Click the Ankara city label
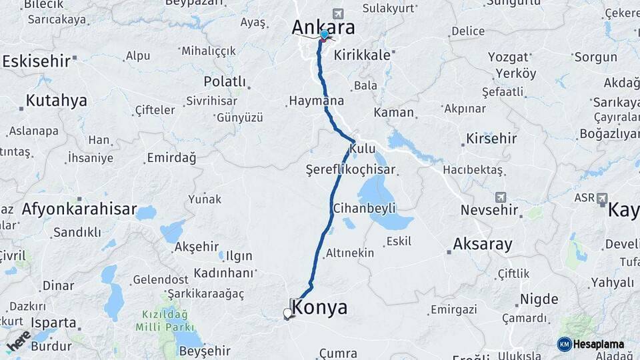coord(323,28)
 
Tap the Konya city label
coord(320,307)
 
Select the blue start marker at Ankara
coord(325,35)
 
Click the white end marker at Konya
coord(287,313)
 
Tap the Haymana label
coord(317,101)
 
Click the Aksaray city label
coord(483,244)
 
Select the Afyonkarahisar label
coord(79,209)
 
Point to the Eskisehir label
coord(36,61)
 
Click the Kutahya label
coord(57,101)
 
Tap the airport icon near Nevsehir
coord(501,197)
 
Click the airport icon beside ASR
coord(603,198)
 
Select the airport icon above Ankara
coord(338,14)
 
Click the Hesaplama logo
coord(591,344)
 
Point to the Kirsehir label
coord(491,139)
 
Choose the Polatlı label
coord(225,81)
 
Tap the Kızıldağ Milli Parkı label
coord(163,321)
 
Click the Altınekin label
coord(350,253)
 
